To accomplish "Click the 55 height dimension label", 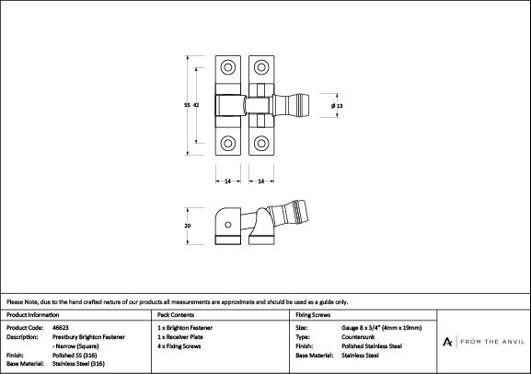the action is [187, 105].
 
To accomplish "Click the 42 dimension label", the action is [196, 105].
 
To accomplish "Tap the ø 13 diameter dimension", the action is [337, 106].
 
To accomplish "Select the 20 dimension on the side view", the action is [187, 226].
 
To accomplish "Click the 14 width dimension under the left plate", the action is [228, 181].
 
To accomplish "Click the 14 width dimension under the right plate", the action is [261, 181].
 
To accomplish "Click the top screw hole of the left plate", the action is [228, 67].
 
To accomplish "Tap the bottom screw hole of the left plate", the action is [228, 143].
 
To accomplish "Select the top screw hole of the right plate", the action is [261, 67].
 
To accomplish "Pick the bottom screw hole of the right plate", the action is [261, 143].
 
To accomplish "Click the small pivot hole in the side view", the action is [228, 225].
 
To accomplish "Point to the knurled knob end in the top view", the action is [303, 105].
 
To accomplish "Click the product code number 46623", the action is [61, 328].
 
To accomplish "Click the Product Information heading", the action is [32, 315].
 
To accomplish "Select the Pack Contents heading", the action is [176, 315].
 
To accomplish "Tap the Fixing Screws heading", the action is [313, 315].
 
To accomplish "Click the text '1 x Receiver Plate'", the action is [180, 337].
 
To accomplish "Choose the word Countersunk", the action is [358, 337].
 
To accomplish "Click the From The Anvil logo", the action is [483, 342].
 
